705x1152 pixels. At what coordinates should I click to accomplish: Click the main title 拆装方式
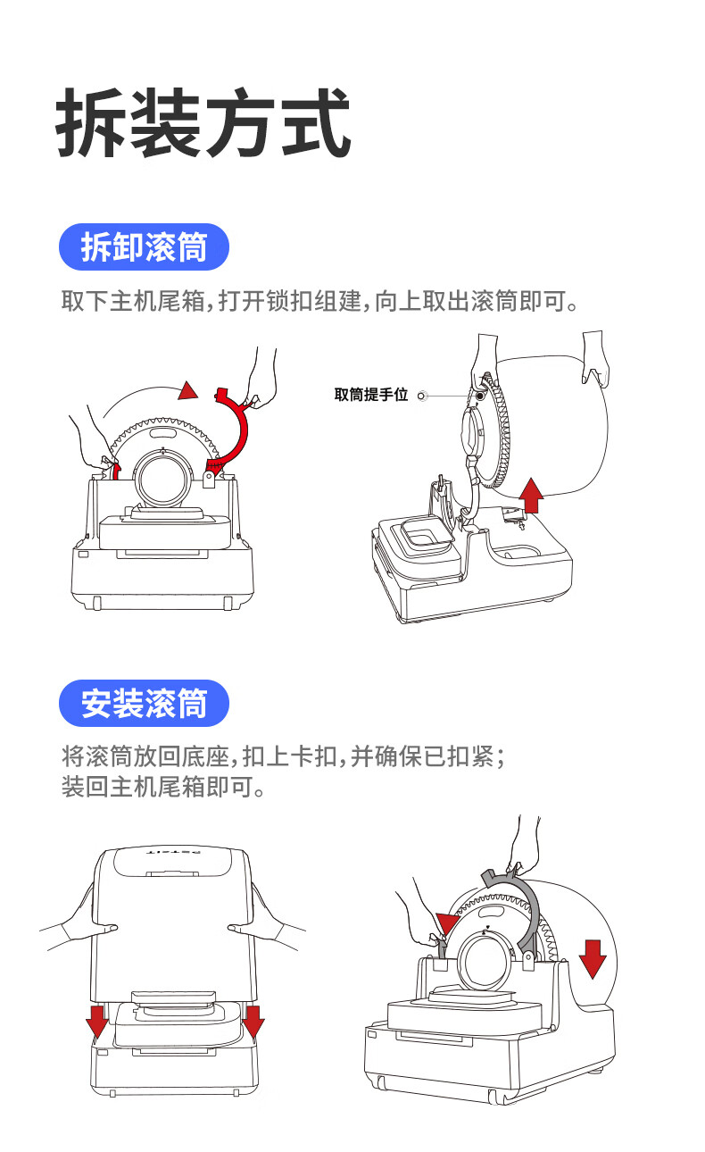click(203, 123)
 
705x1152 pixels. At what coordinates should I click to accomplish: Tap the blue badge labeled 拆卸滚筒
click(144, 247)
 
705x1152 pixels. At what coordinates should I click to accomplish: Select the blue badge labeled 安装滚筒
click(144, 704)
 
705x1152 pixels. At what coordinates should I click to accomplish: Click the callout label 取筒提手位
click(370, 395)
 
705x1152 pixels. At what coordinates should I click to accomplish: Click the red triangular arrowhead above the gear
click(187, 390)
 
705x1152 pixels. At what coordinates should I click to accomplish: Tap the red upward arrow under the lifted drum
click(532, 495)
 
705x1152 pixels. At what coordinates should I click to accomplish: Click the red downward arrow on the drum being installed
click(592, 957)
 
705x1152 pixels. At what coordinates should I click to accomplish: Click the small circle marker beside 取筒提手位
click(422, 396)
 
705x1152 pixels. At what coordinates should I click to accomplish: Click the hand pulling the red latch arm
click(261, 380)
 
